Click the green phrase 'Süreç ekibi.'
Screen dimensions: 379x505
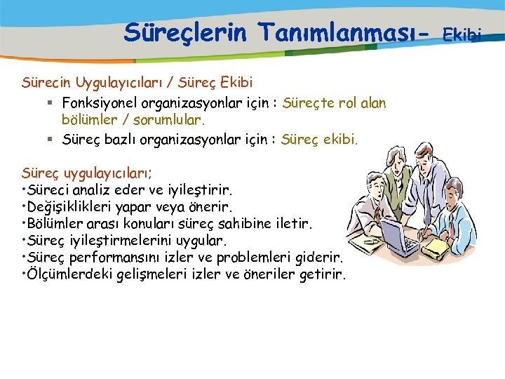pos(319,139)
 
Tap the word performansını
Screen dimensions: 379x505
pos(116,258)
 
